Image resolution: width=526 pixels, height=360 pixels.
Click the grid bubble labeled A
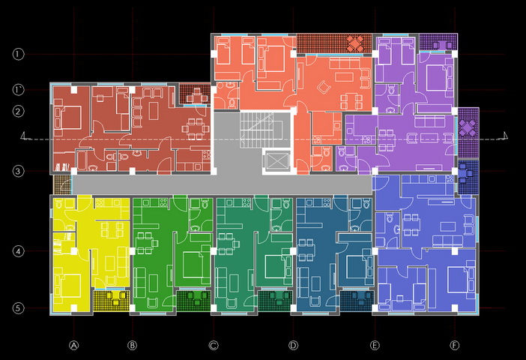tap(73, 345)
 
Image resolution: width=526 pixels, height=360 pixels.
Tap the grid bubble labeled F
tap(455, 345)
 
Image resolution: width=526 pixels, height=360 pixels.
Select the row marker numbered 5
tap(19, 308)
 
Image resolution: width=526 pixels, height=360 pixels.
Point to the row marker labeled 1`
tap(19, 90)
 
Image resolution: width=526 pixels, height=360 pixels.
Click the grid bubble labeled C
tap(214, 345)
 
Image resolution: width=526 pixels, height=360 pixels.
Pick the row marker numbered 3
tap(19, 171)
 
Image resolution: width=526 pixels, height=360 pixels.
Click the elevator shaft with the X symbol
tap(276, 160)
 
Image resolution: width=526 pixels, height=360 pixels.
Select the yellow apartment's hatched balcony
tap(112, 301)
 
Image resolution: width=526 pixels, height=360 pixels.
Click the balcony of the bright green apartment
tap(193, 301)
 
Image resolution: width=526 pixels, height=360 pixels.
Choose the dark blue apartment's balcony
tap(357, 301)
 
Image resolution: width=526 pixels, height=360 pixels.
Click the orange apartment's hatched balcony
tap(334, 43)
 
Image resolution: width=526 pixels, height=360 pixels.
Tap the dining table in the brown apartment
tap(193, 128)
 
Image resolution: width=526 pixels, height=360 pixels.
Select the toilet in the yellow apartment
tap(59, 202)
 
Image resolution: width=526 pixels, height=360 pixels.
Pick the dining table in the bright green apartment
tap(145, 243)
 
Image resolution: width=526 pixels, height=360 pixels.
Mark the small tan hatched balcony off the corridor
tap(63, 184)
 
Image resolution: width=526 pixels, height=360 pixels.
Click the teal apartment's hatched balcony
tap(275, 301)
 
